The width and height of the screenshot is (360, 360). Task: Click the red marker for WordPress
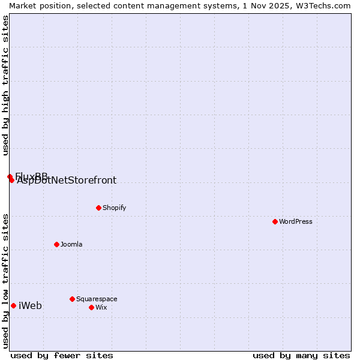click(x=275, y=221)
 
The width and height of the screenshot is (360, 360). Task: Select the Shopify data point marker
click(x=98, y=208)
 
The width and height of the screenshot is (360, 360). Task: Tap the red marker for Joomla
click(x=56, y=244)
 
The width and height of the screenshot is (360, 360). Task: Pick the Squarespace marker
click(x=72, y=299)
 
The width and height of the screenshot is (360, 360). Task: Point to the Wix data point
click(x=91, y=307)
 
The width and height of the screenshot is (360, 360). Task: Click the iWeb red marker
click(x=13, y=305)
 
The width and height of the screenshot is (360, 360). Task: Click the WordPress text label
click(x=296, y=221)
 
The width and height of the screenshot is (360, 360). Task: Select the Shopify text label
click(x=114, y=208)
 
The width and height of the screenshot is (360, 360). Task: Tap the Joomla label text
click(x=71, y=244)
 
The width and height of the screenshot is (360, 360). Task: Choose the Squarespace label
click(x=97, y=299)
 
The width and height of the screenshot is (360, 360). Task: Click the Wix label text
click(x=101, y=307)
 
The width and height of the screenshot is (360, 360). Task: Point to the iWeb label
click(x=31, y=306)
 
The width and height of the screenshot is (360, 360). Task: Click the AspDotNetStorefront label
click(x=67, y=181)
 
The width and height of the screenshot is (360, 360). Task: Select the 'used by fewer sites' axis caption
click(x=62, y=355)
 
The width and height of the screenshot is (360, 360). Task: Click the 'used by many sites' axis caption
click(x=301, y=355)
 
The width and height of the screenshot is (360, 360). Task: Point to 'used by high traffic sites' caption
click(x=5, y=86)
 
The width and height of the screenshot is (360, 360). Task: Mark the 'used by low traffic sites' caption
click(x=5, y=280)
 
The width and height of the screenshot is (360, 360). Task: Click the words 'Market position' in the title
click(x=35, y=5)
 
